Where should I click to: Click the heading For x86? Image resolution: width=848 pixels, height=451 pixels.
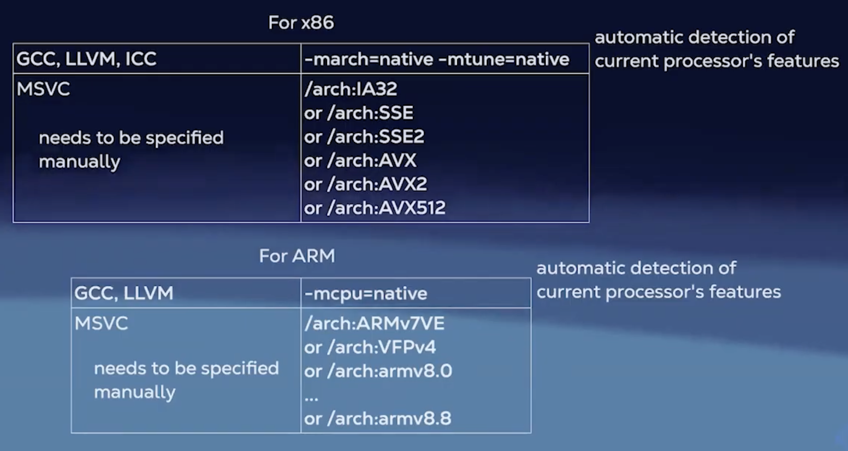pos(301,23)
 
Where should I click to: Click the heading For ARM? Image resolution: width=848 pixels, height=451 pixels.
pos(297,256)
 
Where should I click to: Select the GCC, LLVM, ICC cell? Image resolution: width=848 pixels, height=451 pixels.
pos(86,59)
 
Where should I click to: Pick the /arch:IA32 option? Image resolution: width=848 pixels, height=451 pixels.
pos(351,89)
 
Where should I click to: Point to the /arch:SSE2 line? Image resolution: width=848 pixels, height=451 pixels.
pos(364,137)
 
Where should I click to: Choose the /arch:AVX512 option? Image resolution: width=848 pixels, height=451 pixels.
pos(375,208)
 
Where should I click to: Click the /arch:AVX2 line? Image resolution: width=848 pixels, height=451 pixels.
pos(366,184)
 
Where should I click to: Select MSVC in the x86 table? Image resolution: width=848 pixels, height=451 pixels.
pos(43,89)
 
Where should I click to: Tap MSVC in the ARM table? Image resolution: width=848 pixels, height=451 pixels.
pos(101,323)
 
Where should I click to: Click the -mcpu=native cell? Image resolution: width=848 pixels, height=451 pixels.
pos(366,293)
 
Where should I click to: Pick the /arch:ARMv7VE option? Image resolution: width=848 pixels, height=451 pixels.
pos(374,323)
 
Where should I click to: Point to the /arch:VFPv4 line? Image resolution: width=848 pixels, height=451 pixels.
pos(370,347)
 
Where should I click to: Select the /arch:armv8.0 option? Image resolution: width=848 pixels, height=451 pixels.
pos(378,371)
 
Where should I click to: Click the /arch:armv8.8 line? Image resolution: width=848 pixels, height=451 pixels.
pos(378,419)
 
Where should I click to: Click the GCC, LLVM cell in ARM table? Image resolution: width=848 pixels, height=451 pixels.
pos(124,293)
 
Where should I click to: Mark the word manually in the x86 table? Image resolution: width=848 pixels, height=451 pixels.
pos(80,162)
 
